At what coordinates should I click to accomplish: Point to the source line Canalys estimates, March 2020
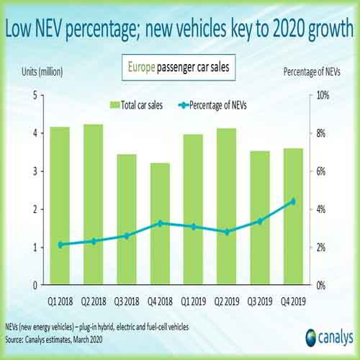[78, 336]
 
